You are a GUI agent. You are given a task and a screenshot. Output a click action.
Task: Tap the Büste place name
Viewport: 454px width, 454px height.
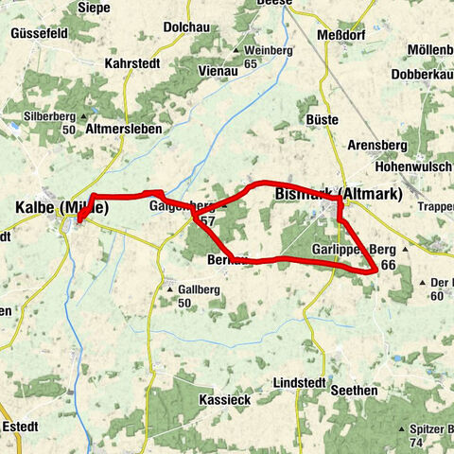[x=323, y=119]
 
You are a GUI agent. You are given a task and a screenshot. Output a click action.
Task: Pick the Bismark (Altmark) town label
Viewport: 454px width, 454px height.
[x=338, y=194]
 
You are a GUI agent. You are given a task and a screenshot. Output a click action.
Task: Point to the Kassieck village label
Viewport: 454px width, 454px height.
[x=225, y=400]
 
